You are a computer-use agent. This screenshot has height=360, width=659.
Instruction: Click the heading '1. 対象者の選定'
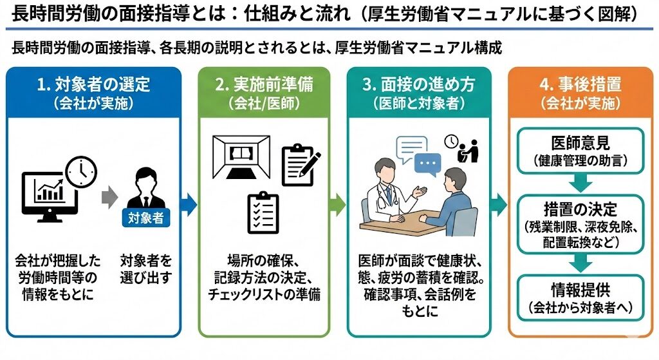94,84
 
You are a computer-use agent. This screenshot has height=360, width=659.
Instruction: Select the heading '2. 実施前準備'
264,84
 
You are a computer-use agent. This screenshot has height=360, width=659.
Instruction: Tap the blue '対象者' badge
147,218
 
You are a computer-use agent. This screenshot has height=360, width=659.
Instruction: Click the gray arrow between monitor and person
110,194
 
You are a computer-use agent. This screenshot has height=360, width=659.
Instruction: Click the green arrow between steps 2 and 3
337,204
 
